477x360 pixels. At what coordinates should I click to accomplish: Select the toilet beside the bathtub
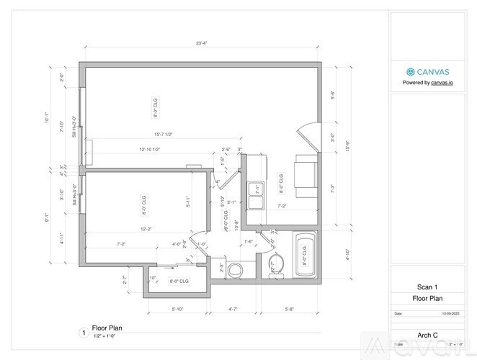point(276,264)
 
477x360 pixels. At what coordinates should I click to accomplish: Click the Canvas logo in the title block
point(411,71)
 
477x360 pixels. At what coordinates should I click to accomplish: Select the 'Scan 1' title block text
point(427,287)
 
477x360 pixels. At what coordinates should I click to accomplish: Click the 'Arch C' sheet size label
point(428,334)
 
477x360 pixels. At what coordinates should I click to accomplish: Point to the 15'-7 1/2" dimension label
point(162,134)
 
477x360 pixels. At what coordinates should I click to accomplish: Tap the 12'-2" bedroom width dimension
point(146,229)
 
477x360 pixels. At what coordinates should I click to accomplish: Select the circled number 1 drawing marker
point(84,333)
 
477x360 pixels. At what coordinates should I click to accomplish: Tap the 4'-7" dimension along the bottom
point(234,310)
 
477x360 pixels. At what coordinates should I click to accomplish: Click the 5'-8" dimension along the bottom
point(290,310)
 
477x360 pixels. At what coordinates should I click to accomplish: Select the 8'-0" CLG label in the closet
point(179,281)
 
